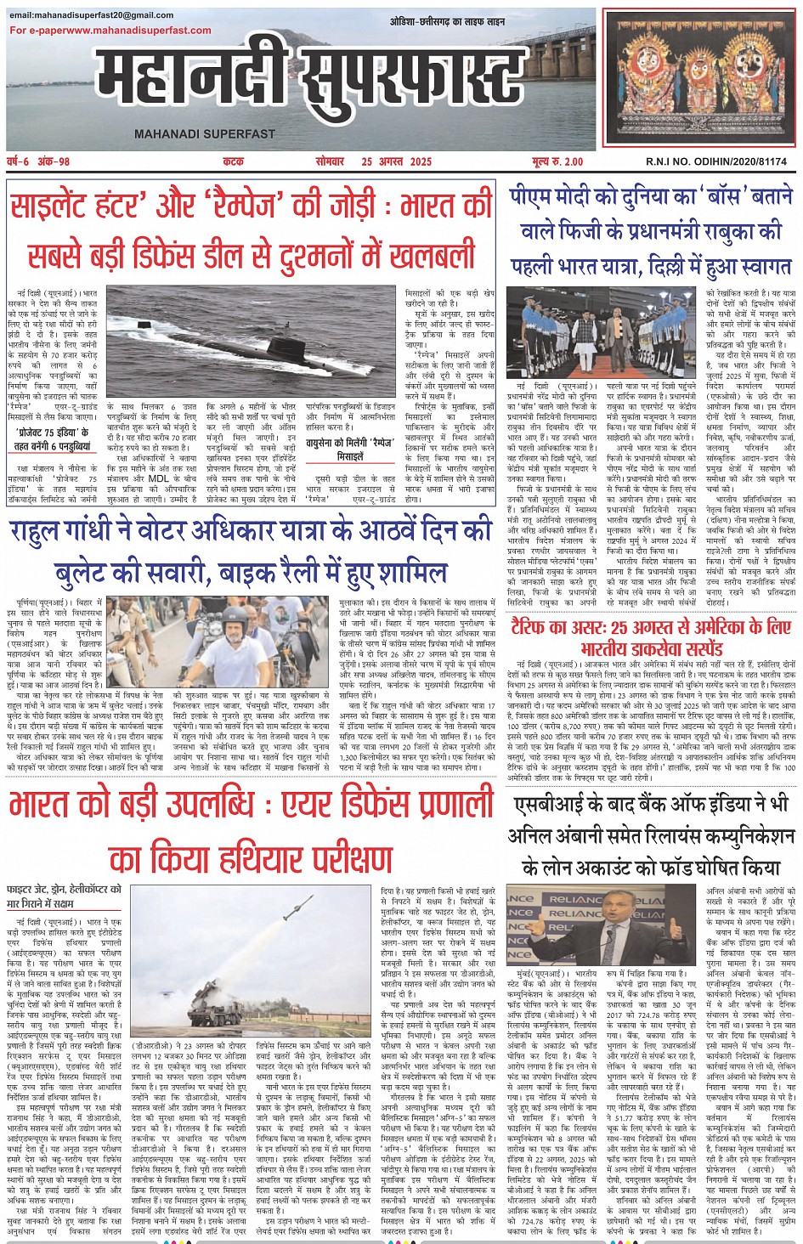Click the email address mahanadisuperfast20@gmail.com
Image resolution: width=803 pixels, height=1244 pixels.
point(92,15)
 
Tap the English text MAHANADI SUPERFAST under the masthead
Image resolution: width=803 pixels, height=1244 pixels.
point(205,134)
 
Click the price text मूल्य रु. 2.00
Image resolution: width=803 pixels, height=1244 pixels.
point(557,161)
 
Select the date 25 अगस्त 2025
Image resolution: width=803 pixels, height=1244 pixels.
point(396,161)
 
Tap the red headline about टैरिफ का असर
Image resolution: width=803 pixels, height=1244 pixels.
point(651,637)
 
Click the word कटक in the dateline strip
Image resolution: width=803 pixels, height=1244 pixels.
point(233,161)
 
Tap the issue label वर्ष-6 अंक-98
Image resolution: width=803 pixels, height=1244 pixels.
point(39,161)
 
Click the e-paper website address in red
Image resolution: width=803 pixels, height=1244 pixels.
point(110,31)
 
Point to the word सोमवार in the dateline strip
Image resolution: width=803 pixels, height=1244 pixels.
point(330,161)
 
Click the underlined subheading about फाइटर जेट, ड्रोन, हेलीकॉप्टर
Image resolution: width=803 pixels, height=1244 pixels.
point(64,896)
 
